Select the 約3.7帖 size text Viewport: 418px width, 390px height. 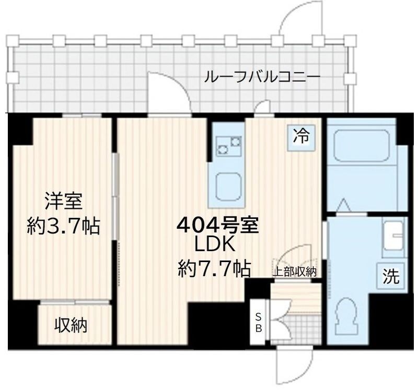pos(63,226)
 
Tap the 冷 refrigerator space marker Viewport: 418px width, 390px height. pos(300,137)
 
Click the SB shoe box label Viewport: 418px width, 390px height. pos(258,323)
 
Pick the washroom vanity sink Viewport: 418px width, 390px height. pos(393,236)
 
